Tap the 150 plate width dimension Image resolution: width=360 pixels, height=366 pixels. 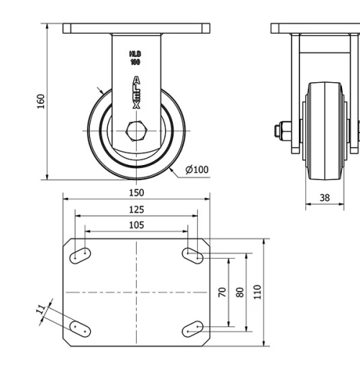coord(136,192)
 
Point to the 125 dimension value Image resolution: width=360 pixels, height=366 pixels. coord(136,209)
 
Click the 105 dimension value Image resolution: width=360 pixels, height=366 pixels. coord(136,225)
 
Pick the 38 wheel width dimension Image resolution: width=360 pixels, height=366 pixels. coord(325,196)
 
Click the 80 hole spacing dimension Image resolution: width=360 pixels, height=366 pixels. coord(240,292)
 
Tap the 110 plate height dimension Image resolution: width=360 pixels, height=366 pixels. coord(258,292)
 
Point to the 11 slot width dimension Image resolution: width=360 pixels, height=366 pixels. coord(41,310)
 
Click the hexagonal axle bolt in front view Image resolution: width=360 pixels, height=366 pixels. coord(135,132)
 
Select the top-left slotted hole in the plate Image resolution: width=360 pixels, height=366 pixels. coord(79,254)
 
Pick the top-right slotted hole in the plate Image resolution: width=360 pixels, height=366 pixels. coord(192,254)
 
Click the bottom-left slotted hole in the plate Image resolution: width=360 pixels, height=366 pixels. coord(79,329)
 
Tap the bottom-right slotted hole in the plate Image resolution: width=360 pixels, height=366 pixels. coord(192,329)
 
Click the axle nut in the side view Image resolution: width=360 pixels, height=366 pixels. coord(279,131)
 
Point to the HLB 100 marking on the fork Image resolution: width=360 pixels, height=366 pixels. coord(135,58)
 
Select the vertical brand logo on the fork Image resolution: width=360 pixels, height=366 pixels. coord(136,92)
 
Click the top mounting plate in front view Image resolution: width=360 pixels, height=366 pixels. coord(135,28)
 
